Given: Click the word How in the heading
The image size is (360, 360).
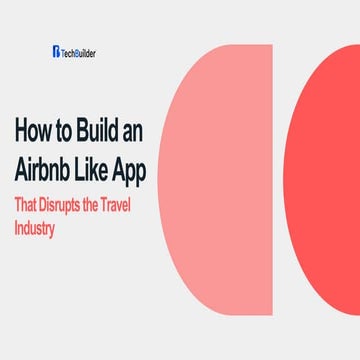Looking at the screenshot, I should tap(33, 131).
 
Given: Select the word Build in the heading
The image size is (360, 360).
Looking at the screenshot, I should tap(99, 131).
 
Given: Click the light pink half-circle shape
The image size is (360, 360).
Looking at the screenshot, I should tap(225, 180).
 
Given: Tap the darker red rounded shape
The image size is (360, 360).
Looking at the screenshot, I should tap(325, 180).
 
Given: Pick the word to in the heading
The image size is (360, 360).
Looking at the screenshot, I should tap(64, 132).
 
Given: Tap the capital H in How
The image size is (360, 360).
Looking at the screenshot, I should tap(21, 131).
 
